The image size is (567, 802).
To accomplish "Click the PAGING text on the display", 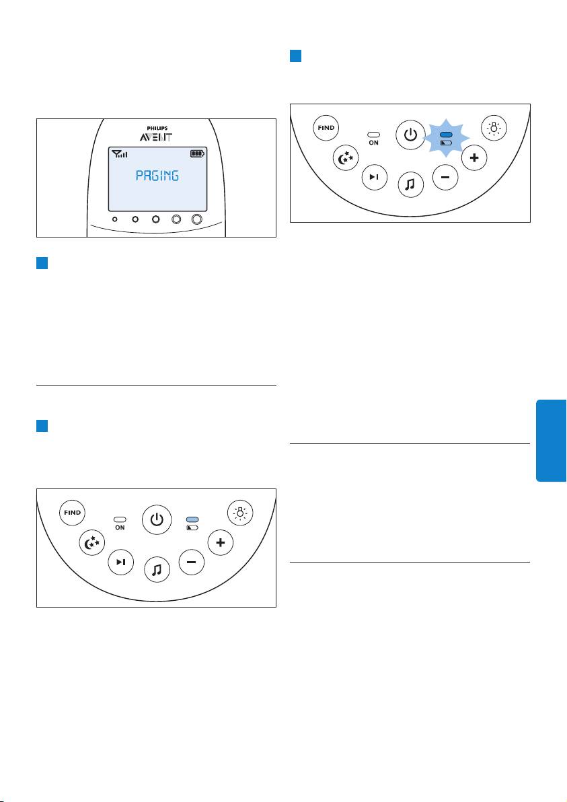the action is pos(157,176).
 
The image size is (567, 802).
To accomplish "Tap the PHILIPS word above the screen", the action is pos(157,129).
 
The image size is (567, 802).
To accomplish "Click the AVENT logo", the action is pos(156,137).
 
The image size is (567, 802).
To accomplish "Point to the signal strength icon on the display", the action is pos(120,153).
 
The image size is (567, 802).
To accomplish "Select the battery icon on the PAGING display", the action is pos(197,153).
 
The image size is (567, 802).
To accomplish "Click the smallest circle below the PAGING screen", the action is pos(115,219).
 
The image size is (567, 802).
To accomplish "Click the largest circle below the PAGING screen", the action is pos(197,219).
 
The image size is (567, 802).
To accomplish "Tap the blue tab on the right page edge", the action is pos(551,441).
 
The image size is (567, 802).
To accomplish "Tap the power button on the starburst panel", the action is pos(410,135).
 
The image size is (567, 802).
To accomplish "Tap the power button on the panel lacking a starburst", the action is pos(157,519).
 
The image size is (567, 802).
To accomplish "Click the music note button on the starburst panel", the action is pos(411,184).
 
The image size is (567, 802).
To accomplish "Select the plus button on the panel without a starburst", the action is pos(221,542).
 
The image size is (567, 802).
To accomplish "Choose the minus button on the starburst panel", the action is pos(445,177).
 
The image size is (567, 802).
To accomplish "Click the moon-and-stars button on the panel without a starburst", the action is pos(92,543).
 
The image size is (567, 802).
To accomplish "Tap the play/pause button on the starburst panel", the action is pos(375,177).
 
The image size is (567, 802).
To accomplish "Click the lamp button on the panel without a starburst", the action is pos(240,512).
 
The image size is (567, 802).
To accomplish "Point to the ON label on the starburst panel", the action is pos(374,143).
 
